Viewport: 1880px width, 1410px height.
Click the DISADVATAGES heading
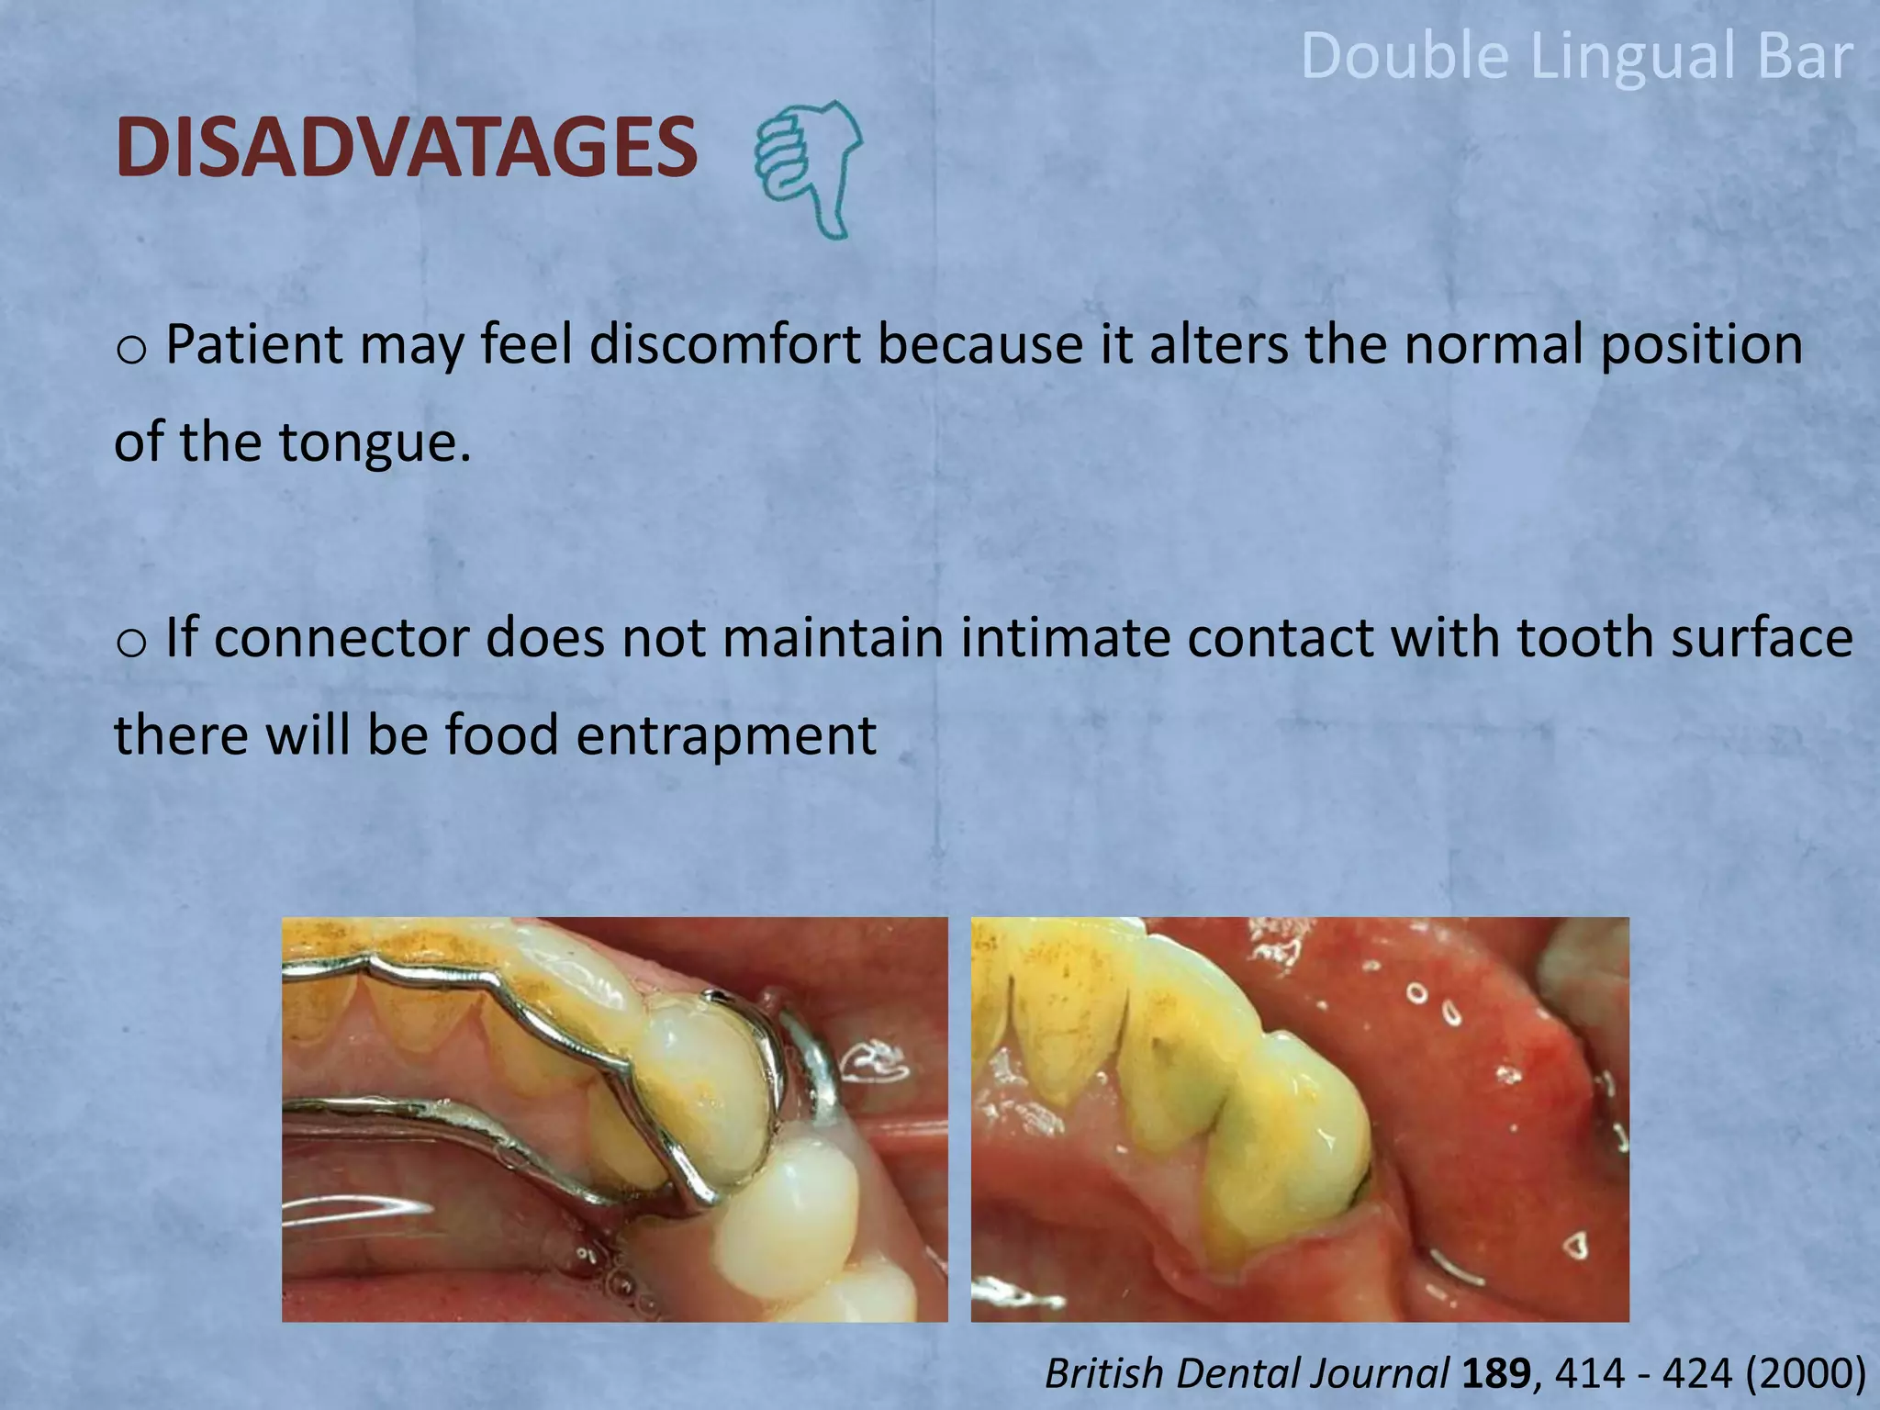(x=407, y=148)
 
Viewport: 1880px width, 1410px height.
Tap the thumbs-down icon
(x=808, y=170)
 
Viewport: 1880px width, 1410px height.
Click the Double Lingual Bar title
(x=1576, y=56)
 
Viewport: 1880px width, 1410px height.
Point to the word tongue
(x=375, y=442)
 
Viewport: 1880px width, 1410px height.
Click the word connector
(x=342, y=638)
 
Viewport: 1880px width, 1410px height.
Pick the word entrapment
(x=725, y=735)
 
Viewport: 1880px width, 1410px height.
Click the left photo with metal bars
(x=614, y=1119)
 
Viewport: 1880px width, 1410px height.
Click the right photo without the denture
(x=1300, y=1119)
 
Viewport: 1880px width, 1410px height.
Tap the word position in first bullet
(x=1701, y=345)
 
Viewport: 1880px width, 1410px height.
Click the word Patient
(x=254, y=345)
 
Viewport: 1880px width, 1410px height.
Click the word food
(x=502, y=735)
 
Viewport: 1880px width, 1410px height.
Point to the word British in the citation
(x=1105, y=1374)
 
